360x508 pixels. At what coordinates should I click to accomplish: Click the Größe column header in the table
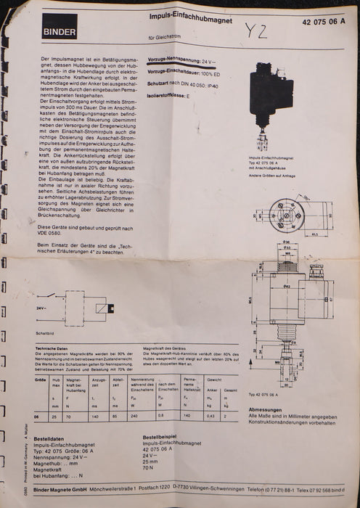tap(41, 380)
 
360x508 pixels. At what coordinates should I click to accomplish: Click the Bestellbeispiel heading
tap(163, 438)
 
